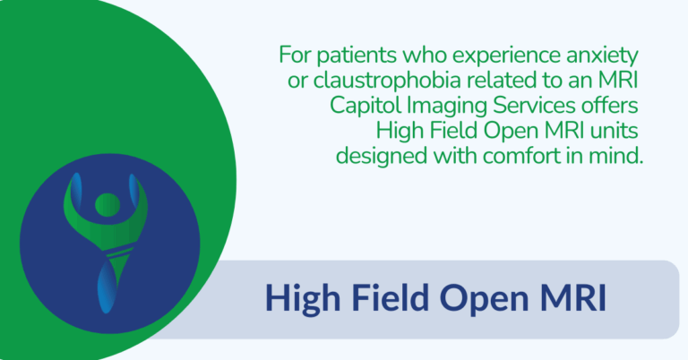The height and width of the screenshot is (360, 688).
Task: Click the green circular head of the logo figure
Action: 106,202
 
